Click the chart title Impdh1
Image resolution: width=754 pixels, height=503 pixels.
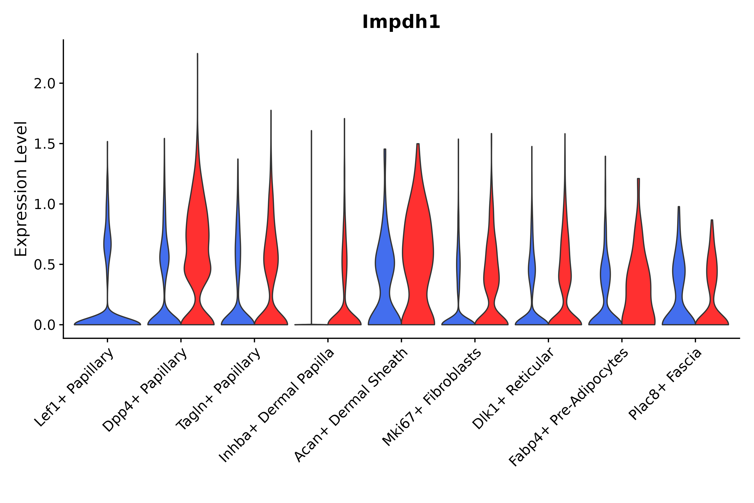(401, 22)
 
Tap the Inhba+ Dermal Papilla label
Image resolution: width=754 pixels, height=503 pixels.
(277, 405)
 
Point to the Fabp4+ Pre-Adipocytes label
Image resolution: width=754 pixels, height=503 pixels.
(568, 407)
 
